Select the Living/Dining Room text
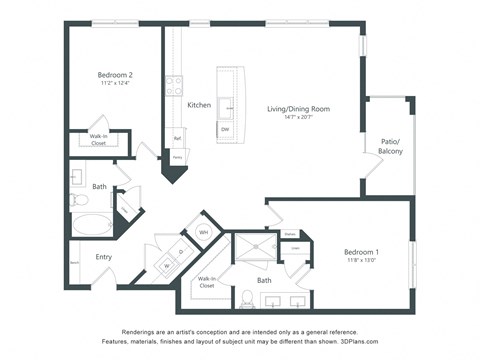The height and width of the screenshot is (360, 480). [298, 108]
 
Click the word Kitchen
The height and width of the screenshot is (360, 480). [199, 105]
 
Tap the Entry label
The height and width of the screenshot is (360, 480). [103, 257]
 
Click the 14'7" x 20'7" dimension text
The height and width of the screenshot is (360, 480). [298, 118]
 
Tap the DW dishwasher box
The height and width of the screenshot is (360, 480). [225, 129]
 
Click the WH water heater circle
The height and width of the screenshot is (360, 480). [203, 232]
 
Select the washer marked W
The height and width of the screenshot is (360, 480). [167, 266]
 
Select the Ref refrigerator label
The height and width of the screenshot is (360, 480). [177, 139]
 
